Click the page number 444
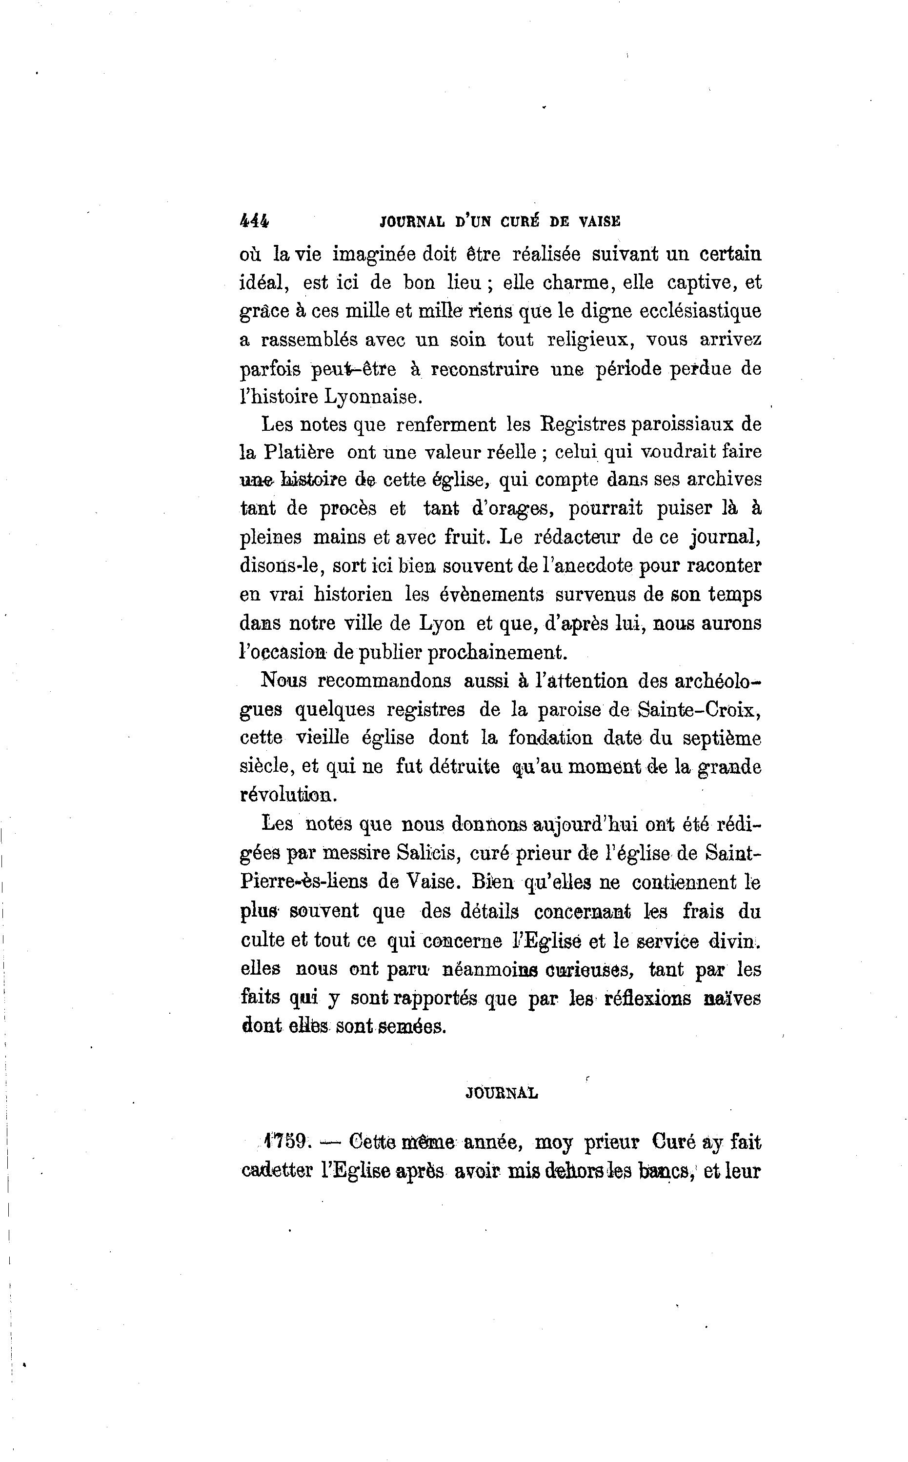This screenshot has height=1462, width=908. click(x=255, y=221)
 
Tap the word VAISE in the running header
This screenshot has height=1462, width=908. click(x=599, y=221)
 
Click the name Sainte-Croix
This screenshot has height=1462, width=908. click(x=700, y=709)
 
